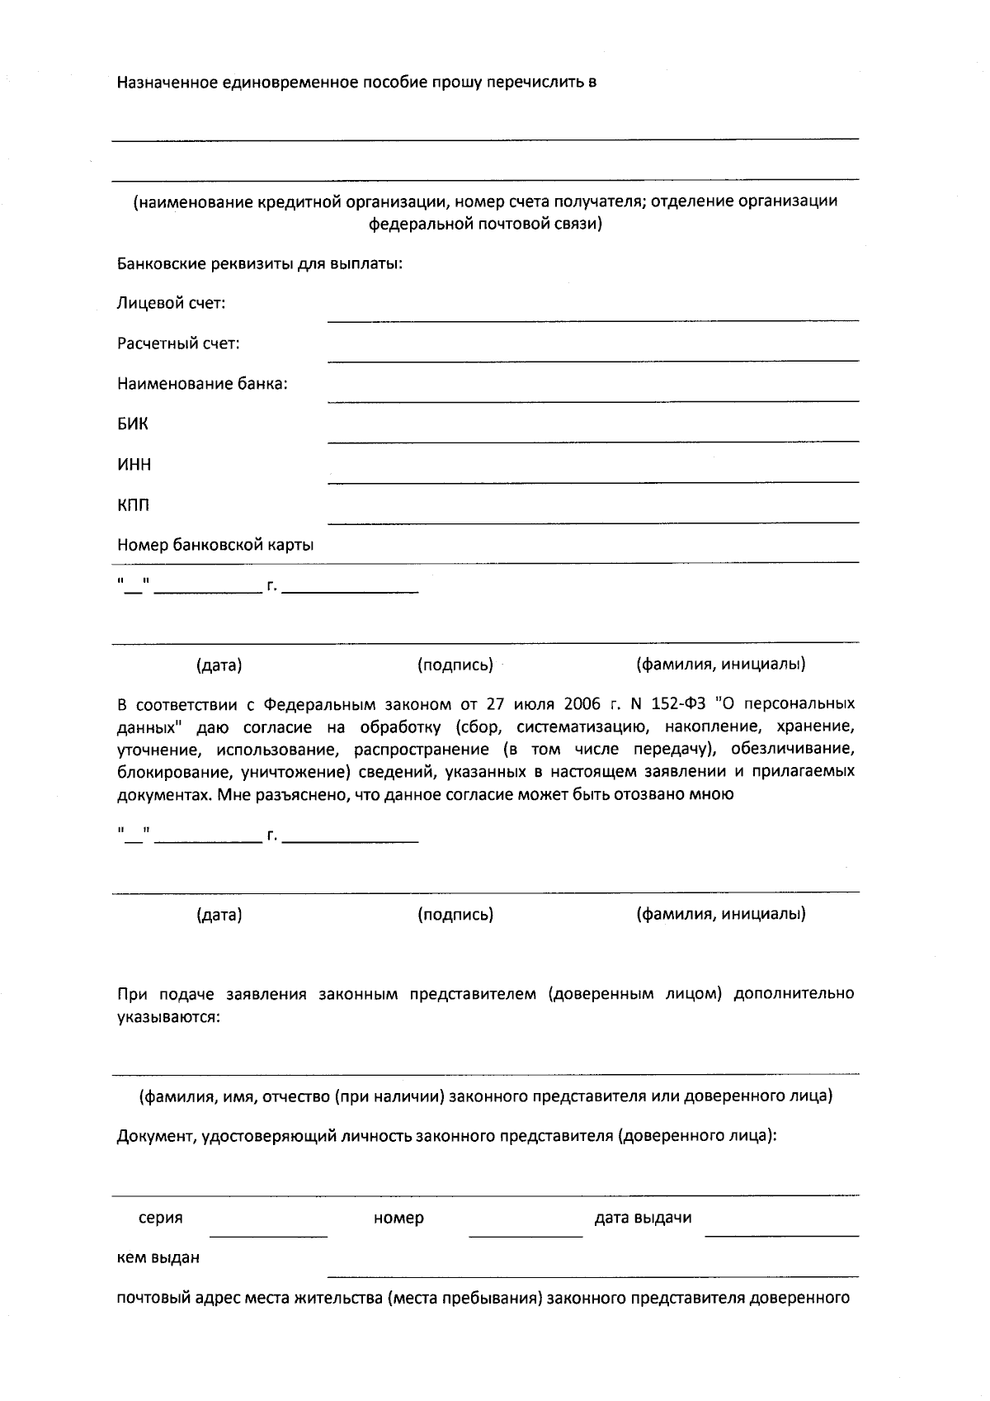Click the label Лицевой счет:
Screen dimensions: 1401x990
point(171,304)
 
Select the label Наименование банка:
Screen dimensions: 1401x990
point(202,385)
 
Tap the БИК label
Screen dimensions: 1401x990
point(133,424)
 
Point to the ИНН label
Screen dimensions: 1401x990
point(134,465)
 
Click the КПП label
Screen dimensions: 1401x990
point(134,505)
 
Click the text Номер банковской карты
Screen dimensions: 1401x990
point(215,546)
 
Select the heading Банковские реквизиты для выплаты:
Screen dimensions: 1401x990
point(260,264)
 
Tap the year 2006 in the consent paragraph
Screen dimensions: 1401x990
point(582,704)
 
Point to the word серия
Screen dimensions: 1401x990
point(161,1218)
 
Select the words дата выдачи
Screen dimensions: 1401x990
point(643,1218)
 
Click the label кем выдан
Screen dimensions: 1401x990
point(158,1258)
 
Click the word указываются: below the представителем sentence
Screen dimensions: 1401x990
point(168,1017)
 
